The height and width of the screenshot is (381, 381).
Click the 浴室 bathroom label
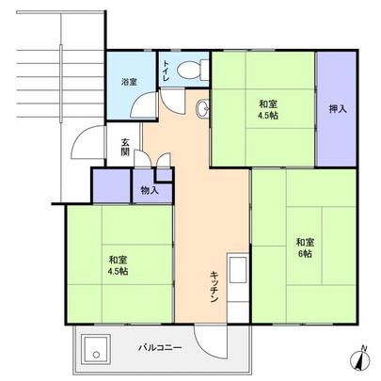pyautogui.click(x=131, y=82)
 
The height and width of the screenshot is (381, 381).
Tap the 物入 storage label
pyautogui.click(x=150, y=191)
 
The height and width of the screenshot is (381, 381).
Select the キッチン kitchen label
pyautogui.click(x=215, y=282)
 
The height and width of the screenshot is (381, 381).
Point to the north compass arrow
pyautogui.click(x=361, y=358)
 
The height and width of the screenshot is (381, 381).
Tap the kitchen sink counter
pyautogui.click(x=237, y=282)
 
